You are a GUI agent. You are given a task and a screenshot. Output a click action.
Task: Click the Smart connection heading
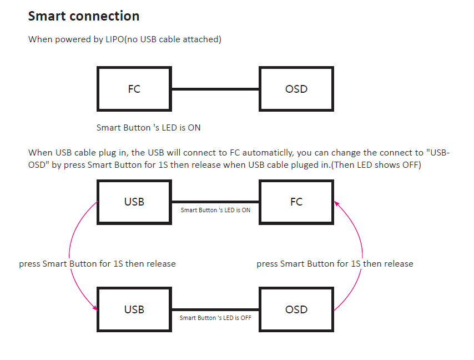pos(84,16)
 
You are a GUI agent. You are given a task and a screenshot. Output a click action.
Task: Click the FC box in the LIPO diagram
pos(134,89)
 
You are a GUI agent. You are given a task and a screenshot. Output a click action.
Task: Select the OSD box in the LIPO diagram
pos(296,89)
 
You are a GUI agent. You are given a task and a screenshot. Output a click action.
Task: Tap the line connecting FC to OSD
pos(215,89)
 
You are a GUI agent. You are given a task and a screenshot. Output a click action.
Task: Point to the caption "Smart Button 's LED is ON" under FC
pos(149,128)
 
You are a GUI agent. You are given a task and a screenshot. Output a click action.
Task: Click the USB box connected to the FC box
pos(134,202)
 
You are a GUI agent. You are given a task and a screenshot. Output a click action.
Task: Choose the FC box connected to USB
pos(296,202)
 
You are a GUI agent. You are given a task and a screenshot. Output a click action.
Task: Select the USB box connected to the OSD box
pos(134,309)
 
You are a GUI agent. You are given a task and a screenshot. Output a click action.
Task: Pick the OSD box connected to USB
pos(296,309)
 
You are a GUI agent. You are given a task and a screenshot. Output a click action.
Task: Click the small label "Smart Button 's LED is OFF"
pos(215,318)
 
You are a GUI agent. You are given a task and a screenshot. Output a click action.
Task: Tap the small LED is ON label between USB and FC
pos(215,210)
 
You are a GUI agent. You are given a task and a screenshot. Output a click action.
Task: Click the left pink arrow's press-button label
pos(97,264)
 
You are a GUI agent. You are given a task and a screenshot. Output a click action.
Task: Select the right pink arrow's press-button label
pos(335,264)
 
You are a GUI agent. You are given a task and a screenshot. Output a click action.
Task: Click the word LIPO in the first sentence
pos(115,40)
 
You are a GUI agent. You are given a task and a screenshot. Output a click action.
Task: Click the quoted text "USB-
pos(435,153)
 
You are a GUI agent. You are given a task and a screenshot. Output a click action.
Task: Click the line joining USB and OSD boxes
pos(215,309)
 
